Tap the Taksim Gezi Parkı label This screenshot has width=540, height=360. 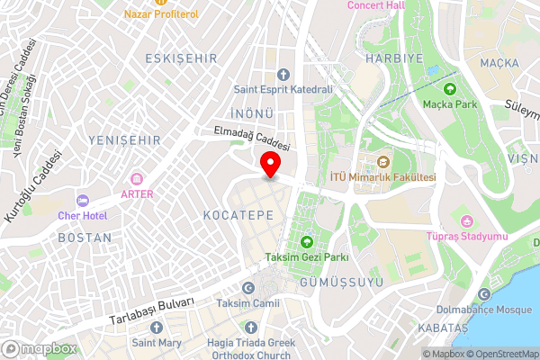click(x=306, y=258)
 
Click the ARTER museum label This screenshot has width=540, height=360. click(x=137, y=193)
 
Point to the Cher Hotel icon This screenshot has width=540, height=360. click(x=83, y=199)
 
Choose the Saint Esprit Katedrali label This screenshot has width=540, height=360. click(x=283, y=89)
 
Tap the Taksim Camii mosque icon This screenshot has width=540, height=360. click(x=248, y=287)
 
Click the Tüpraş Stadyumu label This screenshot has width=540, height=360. click(x=466, y=237)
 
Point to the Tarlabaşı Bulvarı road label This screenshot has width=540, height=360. click(x=151, y=310)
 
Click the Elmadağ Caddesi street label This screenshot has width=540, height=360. click(x=252, y=138)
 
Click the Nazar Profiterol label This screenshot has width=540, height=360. click(x=161, y=15)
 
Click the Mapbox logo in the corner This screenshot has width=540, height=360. click(x=40, y=348)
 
